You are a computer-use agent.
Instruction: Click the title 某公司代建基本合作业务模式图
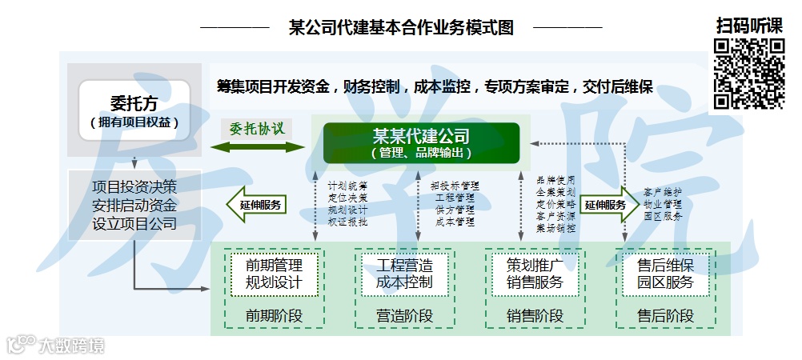pyautogui.click(x=401, y=27)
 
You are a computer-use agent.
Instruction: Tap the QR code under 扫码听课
pyautogui.click(x=749, y=74)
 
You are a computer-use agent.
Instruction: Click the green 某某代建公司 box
pyautogui.click(x=421, y=143)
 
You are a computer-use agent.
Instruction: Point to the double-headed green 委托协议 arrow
pyautogui.click(x=257, y=146)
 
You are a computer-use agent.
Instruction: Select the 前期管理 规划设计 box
pyautogui.click(x=274, y=274)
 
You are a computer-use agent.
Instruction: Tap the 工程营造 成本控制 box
pyautogui.click(x=403, y=274)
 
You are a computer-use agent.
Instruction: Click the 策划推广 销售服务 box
pyautogui.click(x=535, y=274)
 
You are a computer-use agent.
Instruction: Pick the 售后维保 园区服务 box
pyautogui.click(x=665, y=274)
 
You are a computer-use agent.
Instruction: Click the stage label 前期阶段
pyautogui.click(x=274, y=316)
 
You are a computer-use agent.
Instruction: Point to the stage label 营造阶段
pyautogui.click(x=403, y=316)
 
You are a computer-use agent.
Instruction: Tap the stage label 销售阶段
pyautogui.click(x=535, y=316)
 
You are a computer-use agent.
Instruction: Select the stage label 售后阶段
pyautogui.click(x=665, y=316)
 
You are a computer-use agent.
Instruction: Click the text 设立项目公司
pyautogui.click(x=134, y=223)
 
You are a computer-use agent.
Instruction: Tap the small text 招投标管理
pyautogui.click(x=455, y=186)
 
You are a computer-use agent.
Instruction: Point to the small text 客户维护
pyautogui.click(x=663, y=193)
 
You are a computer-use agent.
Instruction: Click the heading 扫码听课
pyautogui.click(x=749, y=25)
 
